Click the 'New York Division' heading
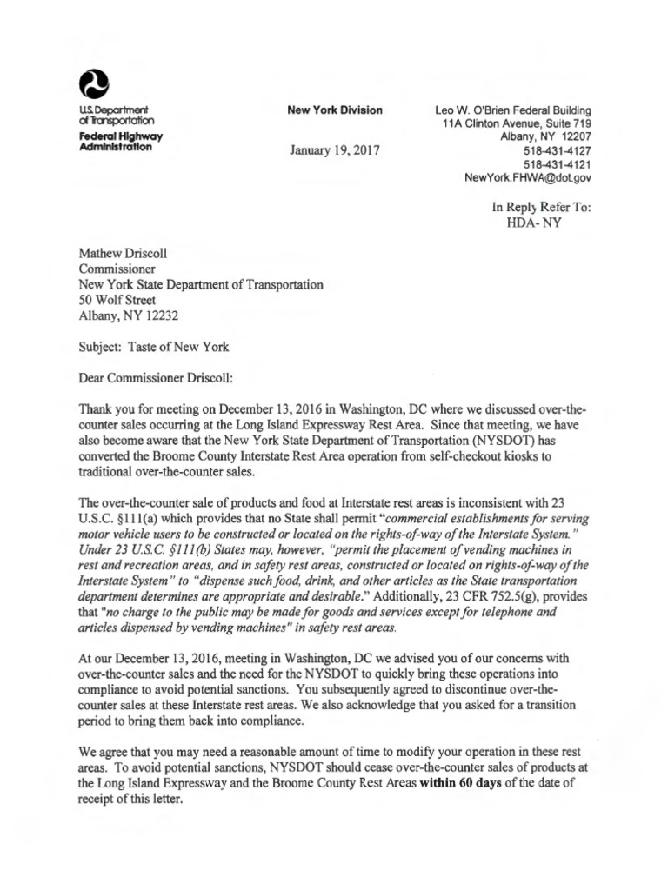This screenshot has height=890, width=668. coord(335,110)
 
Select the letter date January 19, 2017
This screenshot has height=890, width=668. coord(335,149)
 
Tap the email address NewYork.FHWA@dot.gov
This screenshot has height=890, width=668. coord(529,177)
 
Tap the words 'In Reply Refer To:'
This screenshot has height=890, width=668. coord(541,207)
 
